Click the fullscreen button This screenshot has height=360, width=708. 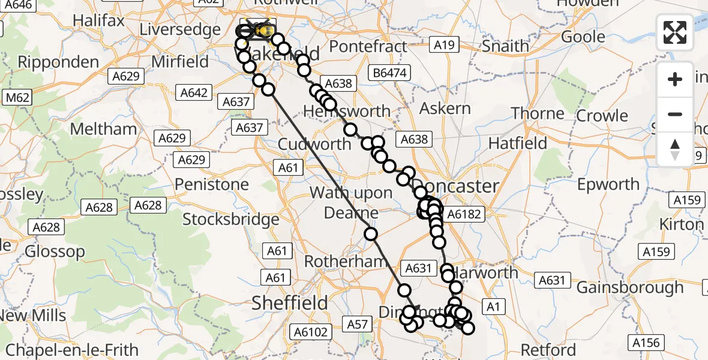pyautogui.click(x=675, y=32)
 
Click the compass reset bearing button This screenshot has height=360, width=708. pyautogui.click(x=675, y=149)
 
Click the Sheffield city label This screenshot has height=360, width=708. pyautogui.click(x=290, y=302)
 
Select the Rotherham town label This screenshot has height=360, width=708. pyautogui.click(x=345, y=262)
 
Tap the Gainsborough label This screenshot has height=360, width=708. pyautogui.click(x=630, y=287)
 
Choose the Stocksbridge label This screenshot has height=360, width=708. pyautogui.click(x=231, y=219)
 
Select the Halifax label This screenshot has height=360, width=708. pyautogui.click(x=98, y=20)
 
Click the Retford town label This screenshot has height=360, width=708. pyautogui.click(x=548, y=349)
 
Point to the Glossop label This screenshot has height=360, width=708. pyautogui.click(x=55, y=251)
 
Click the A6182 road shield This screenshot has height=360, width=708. pyautogui.click(x=461, y=214)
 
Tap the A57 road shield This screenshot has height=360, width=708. pyautogui.click(x=358, y=325)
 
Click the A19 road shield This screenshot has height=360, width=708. pyautogui.click(x=445, y=44)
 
